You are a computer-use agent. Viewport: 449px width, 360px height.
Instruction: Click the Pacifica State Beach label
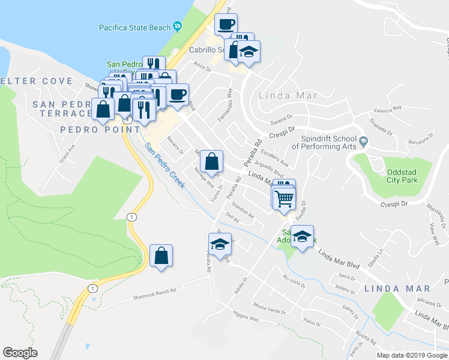click(x=135, y=27)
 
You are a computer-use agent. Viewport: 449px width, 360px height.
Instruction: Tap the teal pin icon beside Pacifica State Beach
click(x=177, y=26)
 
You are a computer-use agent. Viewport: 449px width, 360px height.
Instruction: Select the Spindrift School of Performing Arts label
click(x=324, y=142)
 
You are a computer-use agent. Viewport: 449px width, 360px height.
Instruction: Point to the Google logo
click(x=20, y=353)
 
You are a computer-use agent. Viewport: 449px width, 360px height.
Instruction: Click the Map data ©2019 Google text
click(x=412, y=355)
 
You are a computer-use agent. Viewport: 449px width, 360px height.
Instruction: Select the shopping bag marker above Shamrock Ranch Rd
click(x=161, y=256)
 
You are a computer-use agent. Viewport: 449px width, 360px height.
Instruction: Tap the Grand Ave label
click(x=65, y=155)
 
